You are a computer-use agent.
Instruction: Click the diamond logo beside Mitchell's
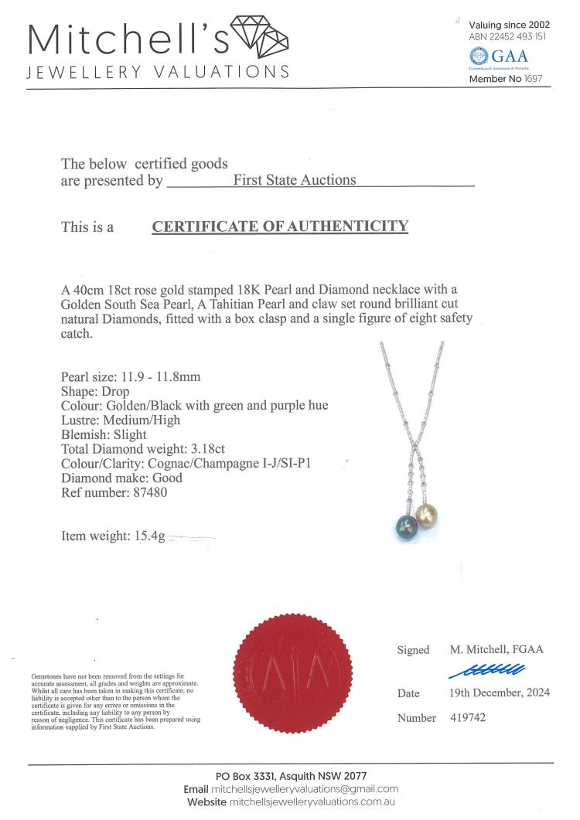coord(258,35)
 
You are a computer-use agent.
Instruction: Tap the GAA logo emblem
coord(479,56)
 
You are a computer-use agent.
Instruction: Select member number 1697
coord(533,79)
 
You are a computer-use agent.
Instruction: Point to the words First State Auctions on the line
coord(295,180)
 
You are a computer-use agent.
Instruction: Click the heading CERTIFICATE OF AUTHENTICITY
coord(280,226)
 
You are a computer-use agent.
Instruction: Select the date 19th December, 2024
coord(500,692)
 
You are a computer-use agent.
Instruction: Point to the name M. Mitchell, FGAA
coord(496,649)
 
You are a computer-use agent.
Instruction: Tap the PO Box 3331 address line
coord(291,775)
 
